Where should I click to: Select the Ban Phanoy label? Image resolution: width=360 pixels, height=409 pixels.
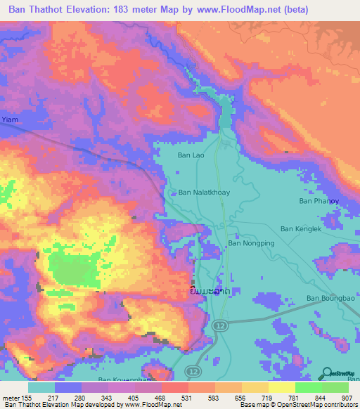319,201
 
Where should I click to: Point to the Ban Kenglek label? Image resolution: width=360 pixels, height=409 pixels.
301,228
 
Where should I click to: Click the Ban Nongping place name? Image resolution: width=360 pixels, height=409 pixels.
250,243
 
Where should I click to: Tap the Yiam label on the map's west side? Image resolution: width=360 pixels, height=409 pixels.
8,119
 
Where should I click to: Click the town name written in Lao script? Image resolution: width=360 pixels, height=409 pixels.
209,291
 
